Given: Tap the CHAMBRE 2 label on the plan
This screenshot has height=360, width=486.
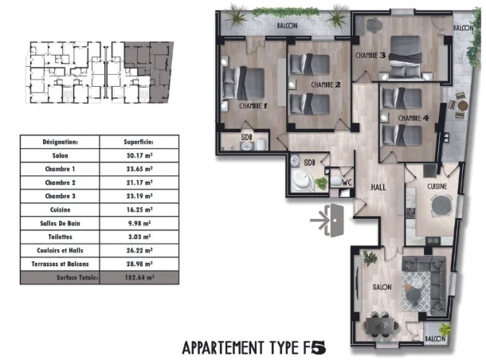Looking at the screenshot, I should click(326, 84).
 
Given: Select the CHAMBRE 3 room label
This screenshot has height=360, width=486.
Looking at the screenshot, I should click(370, 56).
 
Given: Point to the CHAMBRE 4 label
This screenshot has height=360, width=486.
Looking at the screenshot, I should click(413, 119).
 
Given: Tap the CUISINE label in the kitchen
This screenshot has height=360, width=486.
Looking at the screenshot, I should click(436, 185).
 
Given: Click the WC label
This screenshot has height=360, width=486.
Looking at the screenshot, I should click(347, 181).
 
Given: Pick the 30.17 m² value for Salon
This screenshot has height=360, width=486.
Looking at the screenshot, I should click(139, 155).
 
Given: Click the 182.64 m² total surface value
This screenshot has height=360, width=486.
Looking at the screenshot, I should click(139, 279).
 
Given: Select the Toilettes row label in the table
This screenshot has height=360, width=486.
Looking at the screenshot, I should click(60, 236).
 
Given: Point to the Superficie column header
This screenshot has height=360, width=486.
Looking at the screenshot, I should click(139, 141).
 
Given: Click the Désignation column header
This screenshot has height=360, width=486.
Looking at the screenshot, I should click(61, 141).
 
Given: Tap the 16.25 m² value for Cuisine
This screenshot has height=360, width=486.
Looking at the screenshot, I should click(139, 209).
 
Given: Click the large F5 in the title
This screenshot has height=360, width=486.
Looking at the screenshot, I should click(316, 347).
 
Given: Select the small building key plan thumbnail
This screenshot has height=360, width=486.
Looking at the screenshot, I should click(99, 72).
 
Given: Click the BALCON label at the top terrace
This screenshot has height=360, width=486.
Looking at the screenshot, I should click(287, 25).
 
